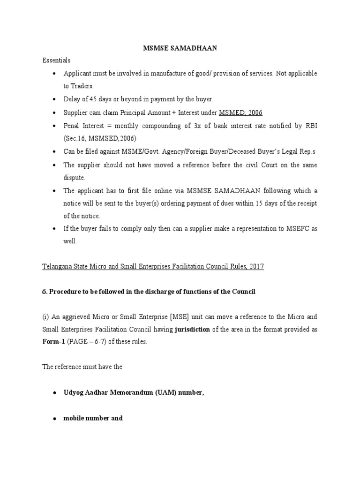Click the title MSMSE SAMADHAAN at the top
[180, 48]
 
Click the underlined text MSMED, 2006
[240, 112]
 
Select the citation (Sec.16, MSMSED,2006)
[99, 139]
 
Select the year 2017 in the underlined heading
[256, 266]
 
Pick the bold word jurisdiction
[192, 330]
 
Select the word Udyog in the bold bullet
[74, 393]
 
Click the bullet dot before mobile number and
[55, 418]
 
